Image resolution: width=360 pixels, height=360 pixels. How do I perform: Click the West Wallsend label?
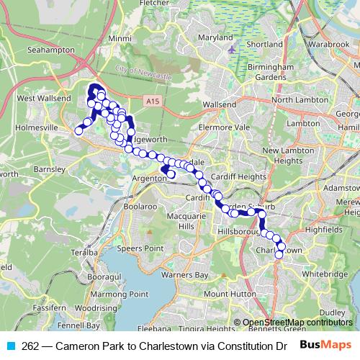44,98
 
